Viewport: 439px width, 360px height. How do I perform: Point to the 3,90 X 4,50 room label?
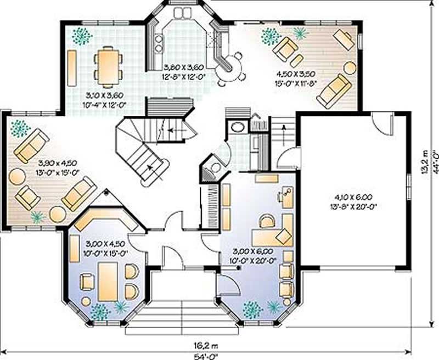pyautogui.click(x=58, y=163)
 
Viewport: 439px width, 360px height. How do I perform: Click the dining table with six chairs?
pyautogui.click(x=107, y=64)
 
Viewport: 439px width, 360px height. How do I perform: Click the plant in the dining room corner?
pyautogui.click(x=82, y=36)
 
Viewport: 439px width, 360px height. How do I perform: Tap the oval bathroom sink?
pyautogui.click(x=237, y=127)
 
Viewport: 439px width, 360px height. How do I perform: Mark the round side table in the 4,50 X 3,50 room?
pyautogui.click(x=349, y=67)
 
